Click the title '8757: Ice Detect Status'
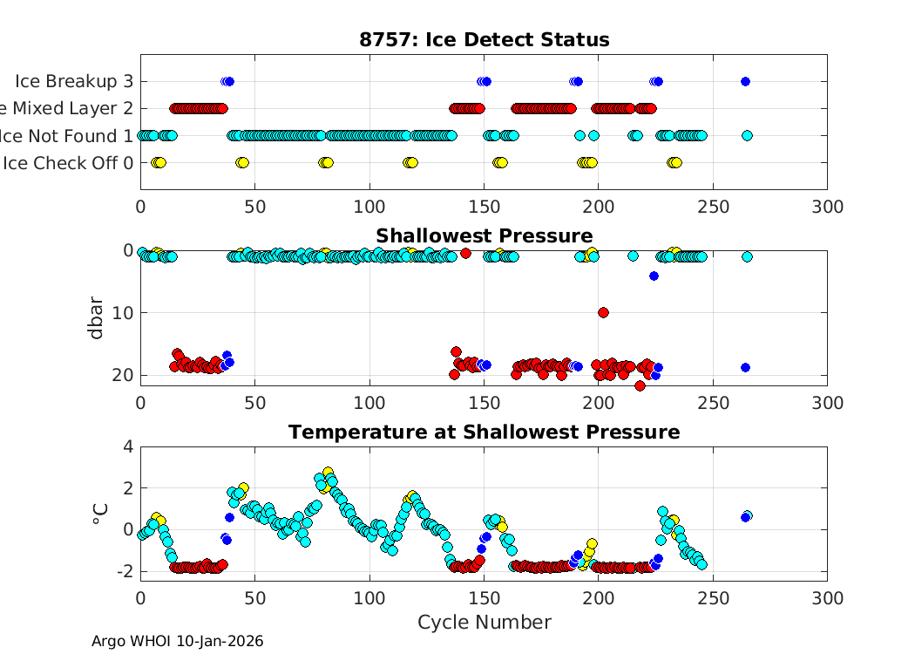pyautogui.click(x=484, y=39)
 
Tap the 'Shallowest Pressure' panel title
pyautogui.click(x=484, y=235)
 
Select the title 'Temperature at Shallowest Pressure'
pyautogui.click(x=484, y=432)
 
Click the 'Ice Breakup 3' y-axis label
pyautogui.click(x=74, y=81)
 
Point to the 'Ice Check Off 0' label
pyautogui.click(x=68, y=162)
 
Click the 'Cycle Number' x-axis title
pyautogui.click(x=484, y=622)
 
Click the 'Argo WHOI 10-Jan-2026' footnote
pyautogui.click(x=177, y=641)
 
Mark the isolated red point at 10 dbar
pyautogui.click(x=603, y=312)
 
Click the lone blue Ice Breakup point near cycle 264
pyautogui.click(x=745, y=81)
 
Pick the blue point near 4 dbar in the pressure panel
pyautogui.click(x=654, y=276)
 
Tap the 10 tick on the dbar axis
pyautogui.click(x=123, y=312)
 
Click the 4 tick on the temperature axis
pyautogui.click(x=127, y=446)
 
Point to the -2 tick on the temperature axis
pyautogui.click(x=123, y=571)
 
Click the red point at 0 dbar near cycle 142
pyautogui.click(x=466, y=253)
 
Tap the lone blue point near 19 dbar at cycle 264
pyautogui.click(x=745, y=367)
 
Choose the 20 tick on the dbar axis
pyautogui.click(x=123, y=375)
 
